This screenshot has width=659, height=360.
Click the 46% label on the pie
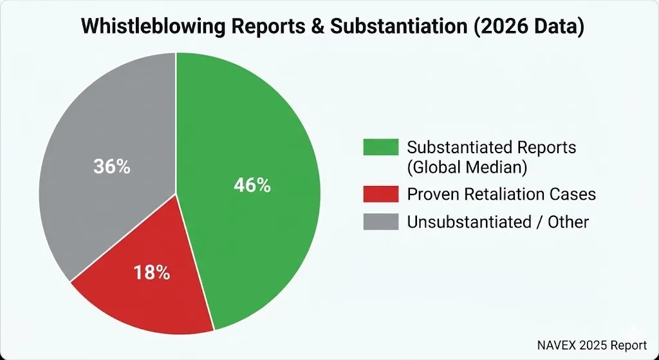pos(252,185)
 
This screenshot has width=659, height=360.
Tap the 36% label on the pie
pos(112,167)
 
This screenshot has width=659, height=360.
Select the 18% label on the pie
pos(152,272)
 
